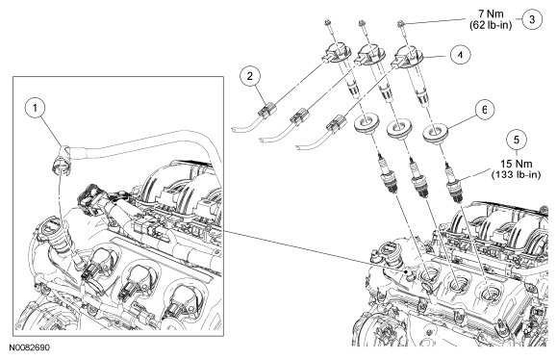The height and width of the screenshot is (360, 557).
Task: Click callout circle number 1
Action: [36, 108]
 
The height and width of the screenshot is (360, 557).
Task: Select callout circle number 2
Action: [250, 76]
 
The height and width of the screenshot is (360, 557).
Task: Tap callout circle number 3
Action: [532, 19]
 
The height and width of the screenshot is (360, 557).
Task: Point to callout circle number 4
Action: [460, 55]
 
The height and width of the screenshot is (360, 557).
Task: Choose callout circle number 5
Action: [517, 140]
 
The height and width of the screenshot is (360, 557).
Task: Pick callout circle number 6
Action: [485, 110]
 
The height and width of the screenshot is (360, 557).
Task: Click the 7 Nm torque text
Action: [491, 13]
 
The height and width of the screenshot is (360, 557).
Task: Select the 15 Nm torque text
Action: [517, 164]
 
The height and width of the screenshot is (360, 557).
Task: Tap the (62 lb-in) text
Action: [491, 25]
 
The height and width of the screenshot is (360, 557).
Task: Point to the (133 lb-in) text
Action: [517, 175]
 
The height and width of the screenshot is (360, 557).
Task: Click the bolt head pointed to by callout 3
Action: [400, 24]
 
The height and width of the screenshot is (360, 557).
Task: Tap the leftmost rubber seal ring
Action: [366, 123]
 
